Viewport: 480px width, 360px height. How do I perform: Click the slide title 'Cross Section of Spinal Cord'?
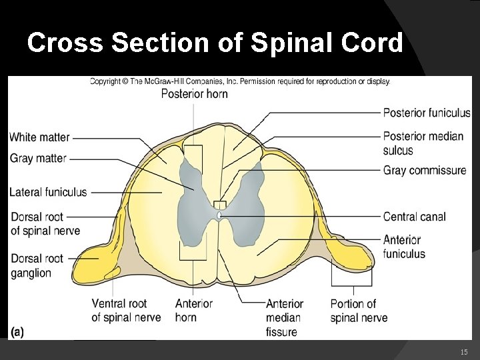tap(215, 43)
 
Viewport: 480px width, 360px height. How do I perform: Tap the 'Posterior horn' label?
tap(194, 94)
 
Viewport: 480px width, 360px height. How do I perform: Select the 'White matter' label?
tap(39, 137)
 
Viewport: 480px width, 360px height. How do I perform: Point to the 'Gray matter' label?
tap(38, 159)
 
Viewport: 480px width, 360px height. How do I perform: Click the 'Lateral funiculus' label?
tap(48, 192)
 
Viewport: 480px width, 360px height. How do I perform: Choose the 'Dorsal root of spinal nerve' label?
tap(45, 224)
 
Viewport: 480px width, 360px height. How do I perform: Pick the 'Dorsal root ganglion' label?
tap(36, 265)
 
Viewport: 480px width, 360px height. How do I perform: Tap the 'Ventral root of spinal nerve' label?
tap(126, 311)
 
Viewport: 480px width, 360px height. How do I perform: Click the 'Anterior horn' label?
tap(194, 311)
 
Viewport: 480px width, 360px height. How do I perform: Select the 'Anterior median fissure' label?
tap(285, 317)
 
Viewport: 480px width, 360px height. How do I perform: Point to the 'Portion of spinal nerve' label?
tap(358, 311)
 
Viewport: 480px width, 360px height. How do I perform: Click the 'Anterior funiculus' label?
tap(403, 247)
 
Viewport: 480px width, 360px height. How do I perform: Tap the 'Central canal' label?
tap(414, 217)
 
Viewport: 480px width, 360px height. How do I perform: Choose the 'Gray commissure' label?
tap(425, 171)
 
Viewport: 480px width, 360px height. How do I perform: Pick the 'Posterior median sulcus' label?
tap(423, 143)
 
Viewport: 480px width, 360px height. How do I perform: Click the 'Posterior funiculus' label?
tap(427, 113)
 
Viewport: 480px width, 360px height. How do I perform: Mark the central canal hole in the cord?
tap(220, 215)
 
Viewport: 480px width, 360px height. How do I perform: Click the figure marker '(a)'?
tap(17, 332)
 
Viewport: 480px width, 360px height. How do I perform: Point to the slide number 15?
tap(464, 351)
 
